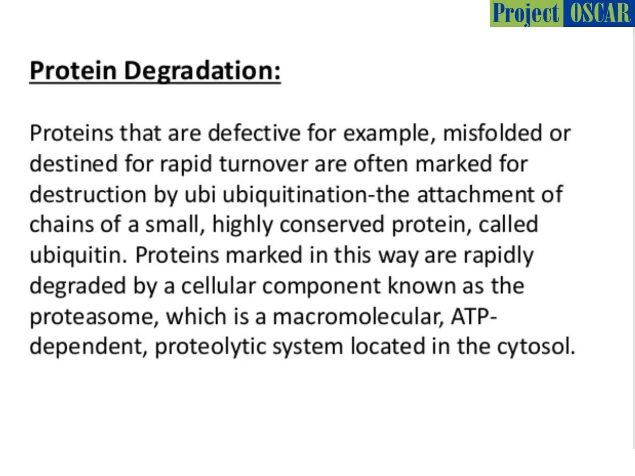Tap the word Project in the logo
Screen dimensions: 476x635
(526, 14)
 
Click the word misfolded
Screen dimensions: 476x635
(492, 133)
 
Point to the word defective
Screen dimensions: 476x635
(254, 133)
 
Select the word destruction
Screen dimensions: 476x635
(88, 194)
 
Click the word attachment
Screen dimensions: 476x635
(475, 194)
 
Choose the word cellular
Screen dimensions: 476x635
(219, 286)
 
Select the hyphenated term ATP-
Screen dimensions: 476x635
(474, 317)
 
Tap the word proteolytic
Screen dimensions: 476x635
(210, 346)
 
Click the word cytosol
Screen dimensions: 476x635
(536, 346)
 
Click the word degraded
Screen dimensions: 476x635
(78, 286)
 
